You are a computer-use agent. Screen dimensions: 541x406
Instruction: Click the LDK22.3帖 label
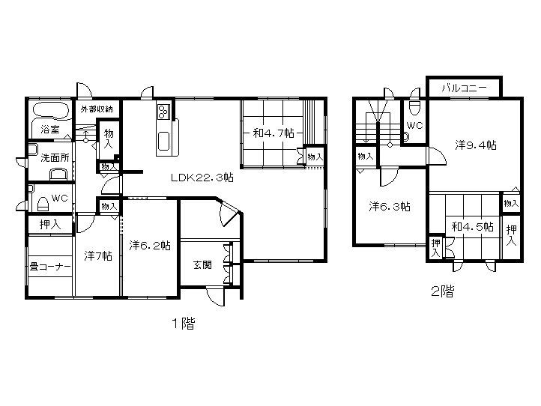tap(202, 178)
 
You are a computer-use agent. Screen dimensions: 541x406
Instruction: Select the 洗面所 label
tap(55, 158)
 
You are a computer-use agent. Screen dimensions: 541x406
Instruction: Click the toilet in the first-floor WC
tap(43, 204)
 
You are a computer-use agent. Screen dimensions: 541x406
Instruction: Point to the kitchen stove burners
tap(163, 112)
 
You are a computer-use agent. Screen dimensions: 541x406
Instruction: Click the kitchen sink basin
tap(163, 142)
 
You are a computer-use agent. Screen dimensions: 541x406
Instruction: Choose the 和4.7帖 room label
tap(273, 133)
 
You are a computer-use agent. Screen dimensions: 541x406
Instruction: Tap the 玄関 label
tap(202, 265)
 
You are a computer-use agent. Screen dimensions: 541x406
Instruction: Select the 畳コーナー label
tap(50, 267)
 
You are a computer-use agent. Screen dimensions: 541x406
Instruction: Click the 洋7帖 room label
tap(98, 255)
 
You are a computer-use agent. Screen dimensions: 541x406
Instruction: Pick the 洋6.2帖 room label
tap(150, 245)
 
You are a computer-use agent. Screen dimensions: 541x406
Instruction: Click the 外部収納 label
tap(97, 109)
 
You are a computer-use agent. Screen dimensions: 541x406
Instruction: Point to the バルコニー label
tap(464, 88)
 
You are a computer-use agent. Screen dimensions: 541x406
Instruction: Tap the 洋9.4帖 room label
tap(476, 145)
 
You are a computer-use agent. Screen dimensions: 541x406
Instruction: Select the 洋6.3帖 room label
tap(390, 206)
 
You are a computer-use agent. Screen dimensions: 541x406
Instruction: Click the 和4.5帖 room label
tap(472, 227)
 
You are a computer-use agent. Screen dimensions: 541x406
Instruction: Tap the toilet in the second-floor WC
tap(414, 107)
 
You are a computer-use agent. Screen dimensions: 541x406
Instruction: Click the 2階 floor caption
tap(442, 292)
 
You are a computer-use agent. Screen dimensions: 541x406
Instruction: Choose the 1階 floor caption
tap(184, 324)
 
